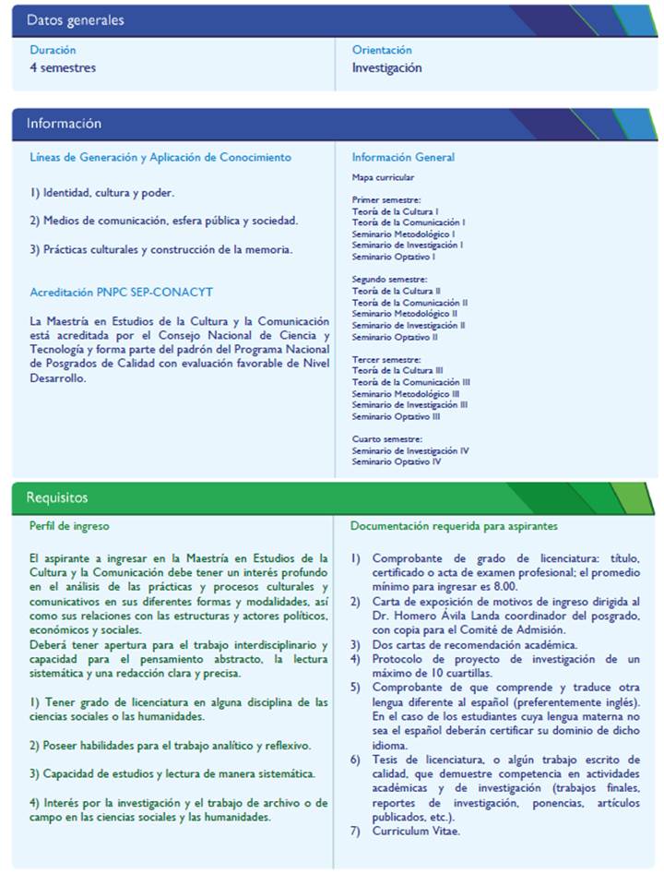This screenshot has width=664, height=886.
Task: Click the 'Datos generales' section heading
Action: point(76,20)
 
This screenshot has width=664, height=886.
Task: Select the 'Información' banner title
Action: point(64,124)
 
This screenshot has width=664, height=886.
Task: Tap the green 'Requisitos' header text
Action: point(57,497)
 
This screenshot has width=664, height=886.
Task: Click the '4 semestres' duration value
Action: point(63,67)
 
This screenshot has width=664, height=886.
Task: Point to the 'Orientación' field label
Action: point(382,50)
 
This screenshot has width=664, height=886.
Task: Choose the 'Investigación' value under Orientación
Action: point(386,67)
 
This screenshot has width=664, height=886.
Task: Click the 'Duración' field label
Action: point(53,50)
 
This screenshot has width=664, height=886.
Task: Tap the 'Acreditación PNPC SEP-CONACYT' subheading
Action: point(121,293)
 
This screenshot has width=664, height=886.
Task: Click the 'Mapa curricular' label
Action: point(383,177)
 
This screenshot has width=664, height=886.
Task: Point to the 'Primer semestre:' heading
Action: point(386,199)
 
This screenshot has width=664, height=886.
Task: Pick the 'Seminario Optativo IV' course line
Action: point(397,461)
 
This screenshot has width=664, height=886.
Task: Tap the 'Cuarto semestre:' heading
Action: point(387,438)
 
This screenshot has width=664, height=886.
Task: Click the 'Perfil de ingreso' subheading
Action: point(69,526)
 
